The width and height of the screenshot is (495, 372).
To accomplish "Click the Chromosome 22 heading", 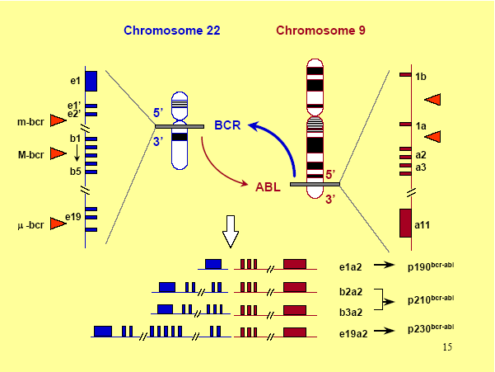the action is [172, 31].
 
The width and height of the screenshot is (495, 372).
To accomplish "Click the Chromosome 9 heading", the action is [320, 31].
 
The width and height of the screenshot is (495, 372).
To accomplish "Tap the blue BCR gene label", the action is [227, 125].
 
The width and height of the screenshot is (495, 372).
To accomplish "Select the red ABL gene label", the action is [268, 186].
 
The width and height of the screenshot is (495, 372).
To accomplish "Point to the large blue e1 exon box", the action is [91, 81].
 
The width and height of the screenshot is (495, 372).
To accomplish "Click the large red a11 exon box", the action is [405, 223].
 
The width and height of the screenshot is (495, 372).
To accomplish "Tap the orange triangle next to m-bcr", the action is [58, 120].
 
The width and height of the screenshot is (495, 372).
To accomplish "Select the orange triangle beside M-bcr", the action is [58, 153].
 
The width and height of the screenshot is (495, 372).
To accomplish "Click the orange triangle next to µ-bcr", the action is [58, 224].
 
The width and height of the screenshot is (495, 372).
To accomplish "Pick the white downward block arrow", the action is [231, 231].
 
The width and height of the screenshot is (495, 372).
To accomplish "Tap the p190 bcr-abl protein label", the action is [431, 266].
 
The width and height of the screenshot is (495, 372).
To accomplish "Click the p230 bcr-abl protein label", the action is [431, 328].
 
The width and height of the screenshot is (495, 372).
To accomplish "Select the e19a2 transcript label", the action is [353, 334].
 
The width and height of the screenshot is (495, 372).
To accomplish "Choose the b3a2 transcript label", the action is [351, 313].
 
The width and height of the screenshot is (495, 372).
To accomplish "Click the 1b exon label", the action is [421, 77].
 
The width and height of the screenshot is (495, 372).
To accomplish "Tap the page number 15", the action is [447, 347].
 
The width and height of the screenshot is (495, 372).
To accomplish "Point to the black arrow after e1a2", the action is [384, 265].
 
